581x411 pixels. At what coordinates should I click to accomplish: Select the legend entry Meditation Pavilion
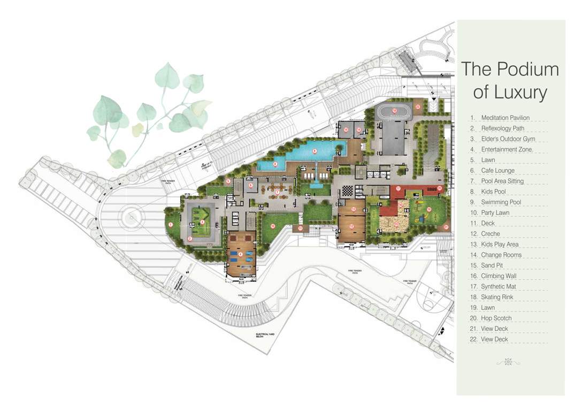pyautogui.click(x=505, y=118)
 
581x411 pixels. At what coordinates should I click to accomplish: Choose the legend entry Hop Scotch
pyautogui.click(x=496, y=318)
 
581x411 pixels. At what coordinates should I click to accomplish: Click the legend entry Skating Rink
pyautogui.click(x=498, y=297)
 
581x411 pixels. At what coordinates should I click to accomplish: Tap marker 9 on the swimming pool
pyautogui.click(x=315, y=151)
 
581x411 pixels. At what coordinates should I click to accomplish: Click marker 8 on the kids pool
pyautogui.click(x=275, y=164)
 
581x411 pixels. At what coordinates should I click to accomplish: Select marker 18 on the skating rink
pyautogui.click(x=394, y=111)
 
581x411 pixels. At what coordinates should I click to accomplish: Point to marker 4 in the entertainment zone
pyautogui.click(x=240, y=254)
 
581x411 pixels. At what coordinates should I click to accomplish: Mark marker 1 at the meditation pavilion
pyautogui.click(x=171, y=224)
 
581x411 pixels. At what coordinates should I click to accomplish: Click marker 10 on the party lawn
pyautogui.click(x=272, y=226)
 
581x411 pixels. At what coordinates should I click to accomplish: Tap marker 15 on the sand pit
pyautogui.click(x=396, y=224)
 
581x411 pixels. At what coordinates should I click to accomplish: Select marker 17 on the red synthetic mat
pyautogui.click(x=399, y=188)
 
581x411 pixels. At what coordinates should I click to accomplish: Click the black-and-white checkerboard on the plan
pyautogui.click(x=348, y=189)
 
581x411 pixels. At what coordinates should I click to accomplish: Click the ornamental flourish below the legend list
pyautogui.click(x=508, y=362)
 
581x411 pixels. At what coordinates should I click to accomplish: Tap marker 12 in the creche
pyautogui.click(x=351, y=226)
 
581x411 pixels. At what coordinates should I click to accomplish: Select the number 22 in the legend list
pyautogui.click(x=473, y=339)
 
